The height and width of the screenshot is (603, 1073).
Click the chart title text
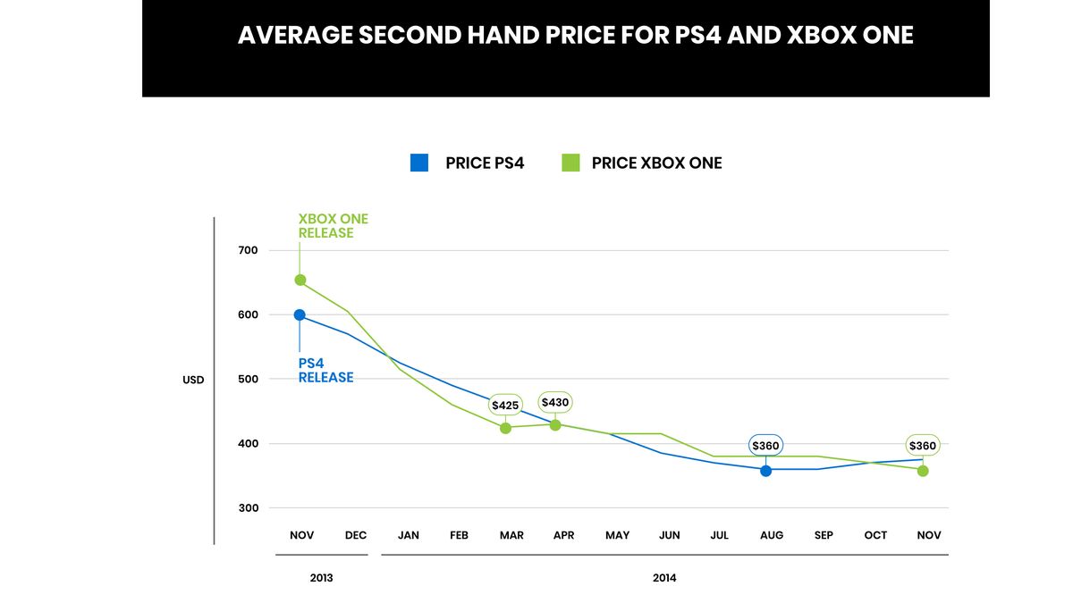point(575,36)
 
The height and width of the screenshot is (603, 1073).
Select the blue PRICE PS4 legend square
point(419,163)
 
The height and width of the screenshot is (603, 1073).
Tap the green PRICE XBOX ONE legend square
point(570,163)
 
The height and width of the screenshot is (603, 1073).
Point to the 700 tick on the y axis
point(248,250)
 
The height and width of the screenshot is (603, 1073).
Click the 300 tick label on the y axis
point(248,508)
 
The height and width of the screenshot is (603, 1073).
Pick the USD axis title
point(193,380)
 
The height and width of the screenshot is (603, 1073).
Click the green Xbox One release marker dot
point(300,281)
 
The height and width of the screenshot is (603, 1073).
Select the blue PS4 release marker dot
point(300,314)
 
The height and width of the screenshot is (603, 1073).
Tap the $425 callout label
point(505,406)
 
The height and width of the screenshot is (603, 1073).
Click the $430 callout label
point(555,403)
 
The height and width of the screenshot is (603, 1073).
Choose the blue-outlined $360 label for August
point(765,446)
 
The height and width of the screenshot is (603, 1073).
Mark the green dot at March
point(505,428)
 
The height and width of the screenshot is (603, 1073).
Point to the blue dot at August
point(766,470)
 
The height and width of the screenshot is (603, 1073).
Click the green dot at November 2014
point(923,471)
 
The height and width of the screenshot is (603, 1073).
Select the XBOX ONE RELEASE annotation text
point(333,226)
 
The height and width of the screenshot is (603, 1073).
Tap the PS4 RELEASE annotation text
point(325,371)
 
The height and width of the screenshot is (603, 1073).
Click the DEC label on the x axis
point(356,535)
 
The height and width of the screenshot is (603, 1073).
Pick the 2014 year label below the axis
point(664,578)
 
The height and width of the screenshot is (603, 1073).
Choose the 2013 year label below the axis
point(321,578)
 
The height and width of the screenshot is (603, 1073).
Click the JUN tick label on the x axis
point(669,535)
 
